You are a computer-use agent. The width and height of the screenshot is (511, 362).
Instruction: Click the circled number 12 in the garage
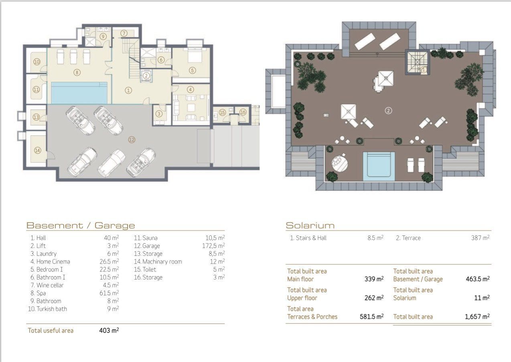pyautogui.click(x=132, y=140)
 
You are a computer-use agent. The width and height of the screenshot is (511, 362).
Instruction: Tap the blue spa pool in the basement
pyautogui.click(x=79, y=93)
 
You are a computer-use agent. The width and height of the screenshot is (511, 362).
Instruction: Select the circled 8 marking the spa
pyautogui.click(x=77, y=72)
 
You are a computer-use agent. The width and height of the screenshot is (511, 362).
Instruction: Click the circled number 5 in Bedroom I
pyautogui.click(x=192, y=70)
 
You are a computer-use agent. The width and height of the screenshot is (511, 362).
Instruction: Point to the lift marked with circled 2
pyautogui.click(x=146, y=76)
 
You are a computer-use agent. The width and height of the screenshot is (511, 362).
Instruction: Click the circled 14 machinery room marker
pyautogui.click(x=38, y=150)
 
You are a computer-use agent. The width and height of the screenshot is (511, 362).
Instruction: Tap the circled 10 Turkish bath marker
pyautogui.click(x=37, y=62)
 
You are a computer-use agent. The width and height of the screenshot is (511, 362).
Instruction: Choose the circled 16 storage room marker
pyautogui.click(x=243, y=112)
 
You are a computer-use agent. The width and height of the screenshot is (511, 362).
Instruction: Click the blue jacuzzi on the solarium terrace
pyautogui.click(x=379, y=166)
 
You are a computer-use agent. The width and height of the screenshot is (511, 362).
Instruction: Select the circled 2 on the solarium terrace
pyautogui.click(x=388, y=111)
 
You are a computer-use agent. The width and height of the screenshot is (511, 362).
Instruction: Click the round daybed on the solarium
pyautogui.click(x=340, y=163)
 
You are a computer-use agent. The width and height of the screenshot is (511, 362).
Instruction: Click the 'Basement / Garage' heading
pyautogui.click(x=81, y=225)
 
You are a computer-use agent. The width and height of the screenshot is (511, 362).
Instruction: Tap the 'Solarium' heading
pyautogui.click(x=310, y=225)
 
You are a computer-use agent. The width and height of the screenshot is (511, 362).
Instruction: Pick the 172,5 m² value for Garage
pyautogui.click(x=213, y=246)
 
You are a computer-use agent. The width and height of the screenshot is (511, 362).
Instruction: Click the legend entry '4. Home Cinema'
pyautogui.click(x=50, y=261)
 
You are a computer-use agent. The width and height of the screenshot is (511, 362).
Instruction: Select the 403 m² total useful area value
pyautogui.click(x=109, y=330)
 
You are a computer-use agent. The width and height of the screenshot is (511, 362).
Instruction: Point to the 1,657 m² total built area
pyautogui.click(x=477, y=316)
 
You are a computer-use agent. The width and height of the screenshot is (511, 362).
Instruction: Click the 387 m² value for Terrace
pyautogui.click(x=481, y=238)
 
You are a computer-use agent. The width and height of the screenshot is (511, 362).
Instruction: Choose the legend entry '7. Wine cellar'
pyautogui.click(x=47, y=285)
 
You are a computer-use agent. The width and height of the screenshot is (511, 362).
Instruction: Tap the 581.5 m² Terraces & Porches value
pyautogui.click(x=371, y=316)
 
